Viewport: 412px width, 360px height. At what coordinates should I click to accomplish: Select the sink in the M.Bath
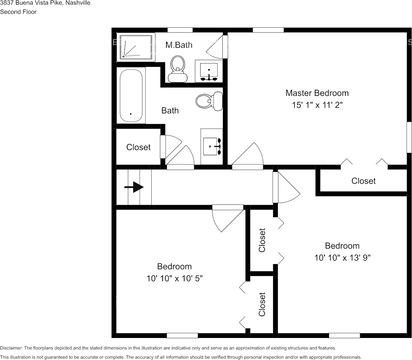click(209, 71)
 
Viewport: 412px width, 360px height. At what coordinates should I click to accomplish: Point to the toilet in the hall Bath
click(209, 101)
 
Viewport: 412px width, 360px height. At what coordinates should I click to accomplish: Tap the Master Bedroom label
click(317, 93)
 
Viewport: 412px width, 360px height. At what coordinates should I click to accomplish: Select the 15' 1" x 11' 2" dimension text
click(317, 105)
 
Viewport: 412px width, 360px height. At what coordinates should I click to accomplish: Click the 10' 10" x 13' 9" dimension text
click(342, 258)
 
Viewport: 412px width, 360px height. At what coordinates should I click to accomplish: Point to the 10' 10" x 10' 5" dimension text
click(174, 278)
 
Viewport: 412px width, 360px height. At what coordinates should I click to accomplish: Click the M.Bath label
click(179, 45)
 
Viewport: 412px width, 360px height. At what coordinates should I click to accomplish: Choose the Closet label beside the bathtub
click(138, 147)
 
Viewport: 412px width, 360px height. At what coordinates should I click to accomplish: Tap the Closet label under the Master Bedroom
click(363, 181)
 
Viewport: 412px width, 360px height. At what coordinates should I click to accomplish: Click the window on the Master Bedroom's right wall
click(409, 137)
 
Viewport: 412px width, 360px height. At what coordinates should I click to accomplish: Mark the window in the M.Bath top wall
click(180, 30)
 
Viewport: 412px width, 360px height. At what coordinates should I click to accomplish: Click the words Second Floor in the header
click(18, 12)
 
